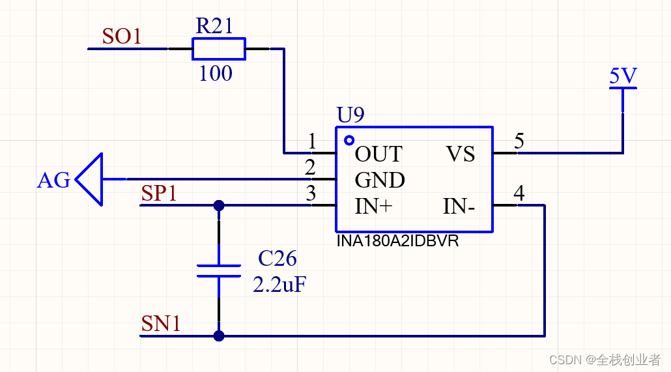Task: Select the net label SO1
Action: pos(122,36)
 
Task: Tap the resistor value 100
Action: pos(216,73)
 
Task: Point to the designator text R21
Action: pos(214,25)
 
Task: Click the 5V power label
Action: pos(623,76)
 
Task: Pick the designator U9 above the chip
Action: pos(350,114)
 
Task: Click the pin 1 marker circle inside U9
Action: pos(349,140)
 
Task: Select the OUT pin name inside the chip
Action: pos(378,154)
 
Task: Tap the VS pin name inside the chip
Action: pos(461,154)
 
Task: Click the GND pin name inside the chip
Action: pos(380,180)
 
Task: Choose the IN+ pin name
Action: pos(373,207)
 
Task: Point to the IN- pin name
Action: pos(459,207)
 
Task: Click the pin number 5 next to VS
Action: pos(519,141)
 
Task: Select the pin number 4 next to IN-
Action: pos(519,193)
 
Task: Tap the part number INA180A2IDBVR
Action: pos(397,241)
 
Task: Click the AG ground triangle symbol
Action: pos(89,179)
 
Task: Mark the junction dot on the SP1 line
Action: pos(219,205)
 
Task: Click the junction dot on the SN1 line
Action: pos(219,336)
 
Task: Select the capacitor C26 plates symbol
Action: pos(219,271)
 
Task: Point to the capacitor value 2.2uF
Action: pos(279,285)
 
